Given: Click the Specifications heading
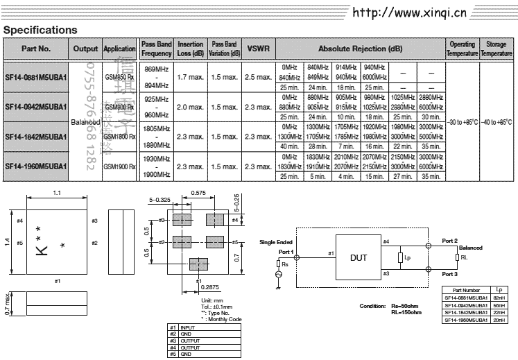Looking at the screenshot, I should tap(40, 30).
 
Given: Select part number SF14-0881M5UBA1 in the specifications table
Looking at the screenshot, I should tap(35, 77).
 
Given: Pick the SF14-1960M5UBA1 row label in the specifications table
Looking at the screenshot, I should tap(35, 166).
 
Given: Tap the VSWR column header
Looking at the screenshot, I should tap(259, 49).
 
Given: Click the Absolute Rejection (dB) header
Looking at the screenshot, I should tap(360, 49).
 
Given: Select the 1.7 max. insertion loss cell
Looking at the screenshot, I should tap(190, 77).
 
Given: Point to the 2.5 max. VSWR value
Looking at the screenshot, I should tap(259, 77).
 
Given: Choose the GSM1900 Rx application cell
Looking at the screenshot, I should tap(119, 166).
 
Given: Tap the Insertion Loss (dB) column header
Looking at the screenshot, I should tap(190, 49).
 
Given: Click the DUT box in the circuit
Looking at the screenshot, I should tap(359, 258).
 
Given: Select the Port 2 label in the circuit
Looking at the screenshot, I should tap(450, 241).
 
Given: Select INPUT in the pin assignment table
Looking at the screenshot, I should tap(188, 327).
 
